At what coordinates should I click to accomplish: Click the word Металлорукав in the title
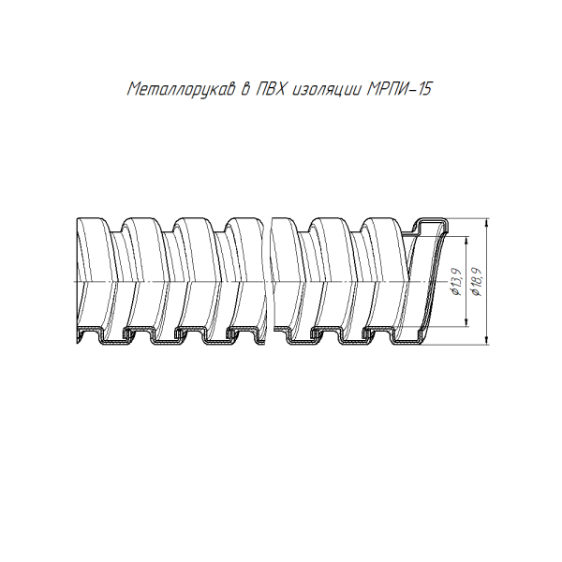(x=178, y=90)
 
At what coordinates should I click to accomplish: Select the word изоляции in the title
(x=324, y=90)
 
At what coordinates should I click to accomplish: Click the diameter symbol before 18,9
(x=479, y=296)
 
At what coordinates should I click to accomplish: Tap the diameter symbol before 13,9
(x=455, y=295)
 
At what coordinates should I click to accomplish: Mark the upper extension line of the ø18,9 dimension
(x=468, y=218)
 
